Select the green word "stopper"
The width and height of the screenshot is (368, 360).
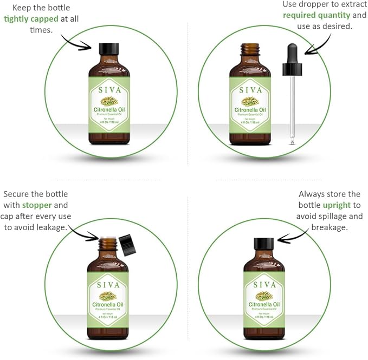click(x=37, y=205)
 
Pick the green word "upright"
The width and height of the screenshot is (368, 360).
click(x=337, y=205)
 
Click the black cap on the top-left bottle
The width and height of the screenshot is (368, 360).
click(x=109, y=47)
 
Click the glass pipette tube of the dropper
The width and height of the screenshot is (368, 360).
click(x=292, y=108)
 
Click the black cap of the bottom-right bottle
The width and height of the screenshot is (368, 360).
click(x=264, y=244)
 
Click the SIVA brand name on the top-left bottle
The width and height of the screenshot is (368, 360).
click(x=109, y=90)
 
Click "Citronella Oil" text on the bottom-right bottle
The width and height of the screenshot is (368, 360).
click(x=264, y=305)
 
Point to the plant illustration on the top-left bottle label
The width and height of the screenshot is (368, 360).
click(x=109, y=101)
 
